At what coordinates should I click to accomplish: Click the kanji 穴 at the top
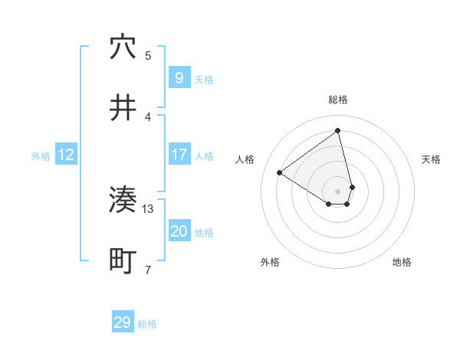tap(123, 47)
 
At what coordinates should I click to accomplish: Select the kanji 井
tap(123, 108)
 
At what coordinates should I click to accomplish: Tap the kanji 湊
tap(123, 201)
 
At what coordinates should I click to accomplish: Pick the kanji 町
tap(123, 261)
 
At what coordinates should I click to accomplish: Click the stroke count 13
tap(148, 208)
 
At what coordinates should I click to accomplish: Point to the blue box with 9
tap(179, 77)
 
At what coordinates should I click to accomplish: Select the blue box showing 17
tap(179, 155)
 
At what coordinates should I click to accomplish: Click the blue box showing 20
tap(179, 231)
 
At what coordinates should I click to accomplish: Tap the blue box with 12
tap(66, 155)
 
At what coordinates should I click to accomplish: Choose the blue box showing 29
tap(123, 322)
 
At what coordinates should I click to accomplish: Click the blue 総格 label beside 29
tap(147, 324)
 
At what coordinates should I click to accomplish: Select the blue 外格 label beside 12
tap(41, 156)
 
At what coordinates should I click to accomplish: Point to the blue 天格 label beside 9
tap(204, 79)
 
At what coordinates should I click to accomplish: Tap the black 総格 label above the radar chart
tap(338, 100)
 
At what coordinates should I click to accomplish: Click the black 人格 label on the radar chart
tap(245, 159)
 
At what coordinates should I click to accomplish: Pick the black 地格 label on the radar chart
tap(402, 262)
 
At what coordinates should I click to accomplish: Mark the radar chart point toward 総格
tap(338, 130)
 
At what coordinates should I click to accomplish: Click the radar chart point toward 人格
tap(280, 172)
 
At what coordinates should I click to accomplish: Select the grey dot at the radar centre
tap(338, 191)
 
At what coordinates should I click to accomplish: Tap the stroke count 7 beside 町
tap(148, 270)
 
